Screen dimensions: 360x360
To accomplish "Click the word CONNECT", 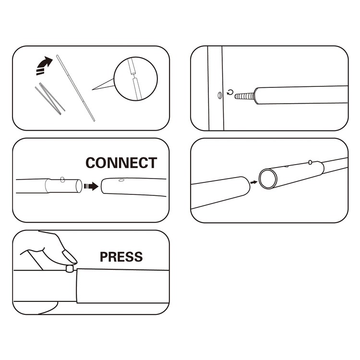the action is tap(121, 163).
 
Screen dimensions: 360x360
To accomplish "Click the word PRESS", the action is tap(121, 257).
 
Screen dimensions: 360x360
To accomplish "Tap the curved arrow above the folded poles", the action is tap(44, 65).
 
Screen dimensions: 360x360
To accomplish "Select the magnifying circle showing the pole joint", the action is tap(136, 79).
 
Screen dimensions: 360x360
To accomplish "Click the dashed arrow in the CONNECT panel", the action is tap(91, 186).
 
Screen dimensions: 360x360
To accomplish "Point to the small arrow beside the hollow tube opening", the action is tap(254, 182).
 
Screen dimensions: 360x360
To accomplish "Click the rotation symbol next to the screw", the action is tap(230, 93).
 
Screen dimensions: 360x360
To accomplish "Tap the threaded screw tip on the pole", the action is tap(245, 96).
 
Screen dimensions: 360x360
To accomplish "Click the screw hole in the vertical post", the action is tap(219, 95).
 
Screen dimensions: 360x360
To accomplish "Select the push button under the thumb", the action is tap(70, 268).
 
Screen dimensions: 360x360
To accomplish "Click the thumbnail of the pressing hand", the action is tap(69, 256).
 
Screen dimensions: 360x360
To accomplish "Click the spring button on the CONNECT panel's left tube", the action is tap(62, 180).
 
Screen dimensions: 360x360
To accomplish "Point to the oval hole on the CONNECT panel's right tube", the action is tap(121, 180).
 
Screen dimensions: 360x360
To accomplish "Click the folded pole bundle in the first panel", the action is tap(50, 99).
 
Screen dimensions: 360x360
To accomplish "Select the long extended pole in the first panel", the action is tap(75, 88).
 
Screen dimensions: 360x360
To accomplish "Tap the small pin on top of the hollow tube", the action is tap(310, 162).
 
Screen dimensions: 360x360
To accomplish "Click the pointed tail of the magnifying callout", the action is tap(92, 90).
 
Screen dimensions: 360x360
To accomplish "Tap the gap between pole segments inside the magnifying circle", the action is tap(133, 76).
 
